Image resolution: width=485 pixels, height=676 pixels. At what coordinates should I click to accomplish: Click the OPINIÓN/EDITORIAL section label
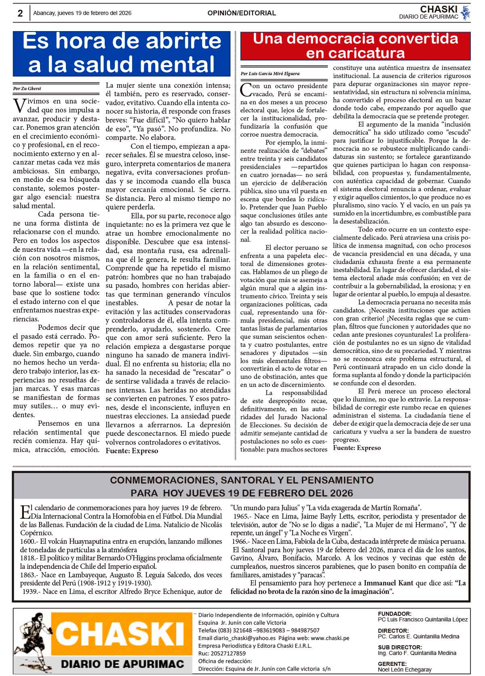(x=242, y=13)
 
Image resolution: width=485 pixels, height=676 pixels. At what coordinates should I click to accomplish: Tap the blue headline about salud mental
(x=122, y=53)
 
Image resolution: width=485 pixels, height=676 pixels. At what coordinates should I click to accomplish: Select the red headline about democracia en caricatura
(x=355, y=46)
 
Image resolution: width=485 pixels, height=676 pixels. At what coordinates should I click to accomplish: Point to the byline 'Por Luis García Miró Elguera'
(x=270, y=74)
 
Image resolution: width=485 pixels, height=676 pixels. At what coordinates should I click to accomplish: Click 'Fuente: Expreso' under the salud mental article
(x=132, y=451)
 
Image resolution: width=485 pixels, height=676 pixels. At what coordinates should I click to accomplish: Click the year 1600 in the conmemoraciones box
(x=28, y=541)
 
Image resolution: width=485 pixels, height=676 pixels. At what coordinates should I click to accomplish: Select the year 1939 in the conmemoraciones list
(x=31, y=591)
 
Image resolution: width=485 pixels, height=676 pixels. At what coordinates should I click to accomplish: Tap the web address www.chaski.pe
(x=330, y=638)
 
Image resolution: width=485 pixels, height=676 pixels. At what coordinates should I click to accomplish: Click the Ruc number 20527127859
(x=228, y=653)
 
